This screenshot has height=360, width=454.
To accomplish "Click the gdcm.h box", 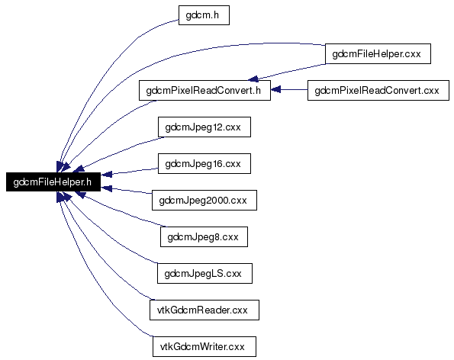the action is point(204,15).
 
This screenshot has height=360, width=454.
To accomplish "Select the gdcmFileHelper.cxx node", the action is point(378,54).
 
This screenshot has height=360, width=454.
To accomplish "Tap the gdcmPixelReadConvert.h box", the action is point(204,91).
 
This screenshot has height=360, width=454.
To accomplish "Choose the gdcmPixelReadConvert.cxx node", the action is point(378,91).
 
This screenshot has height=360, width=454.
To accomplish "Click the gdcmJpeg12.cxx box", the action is point(204,127).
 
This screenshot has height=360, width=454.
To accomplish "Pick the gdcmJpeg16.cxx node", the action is point(204,164).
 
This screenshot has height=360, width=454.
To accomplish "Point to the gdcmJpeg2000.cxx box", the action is point(204,201).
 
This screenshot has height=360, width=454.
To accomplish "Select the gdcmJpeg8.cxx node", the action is point(204,237).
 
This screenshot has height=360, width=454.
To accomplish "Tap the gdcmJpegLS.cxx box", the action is point(204,274).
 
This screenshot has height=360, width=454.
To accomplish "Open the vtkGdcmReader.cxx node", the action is point(204,310).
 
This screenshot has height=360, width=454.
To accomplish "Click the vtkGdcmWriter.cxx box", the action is point(204,347).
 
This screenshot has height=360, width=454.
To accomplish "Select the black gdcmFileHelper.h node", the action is point(53,182).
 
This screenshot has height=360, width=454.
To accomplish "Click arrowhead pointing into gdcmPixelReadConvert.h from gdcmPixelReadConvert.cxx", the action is point(276,90).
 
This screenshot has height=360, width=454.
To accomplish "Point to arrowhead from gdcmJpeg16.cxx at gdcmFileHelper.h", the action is point(106,174).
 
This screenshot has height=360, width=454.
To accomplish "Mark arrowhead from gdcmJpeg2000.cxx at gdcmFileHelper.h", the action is point(106,188).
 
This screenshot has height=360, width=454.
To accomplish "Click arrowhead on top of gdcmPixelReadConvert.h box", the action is point(253,79).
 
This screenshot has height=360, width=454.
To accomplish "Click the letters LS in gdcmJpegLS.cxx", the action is point(217,274).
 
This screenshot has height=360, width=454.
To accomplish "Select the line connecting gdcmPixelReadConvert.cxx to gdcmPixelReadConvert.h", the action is point(289,90).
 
